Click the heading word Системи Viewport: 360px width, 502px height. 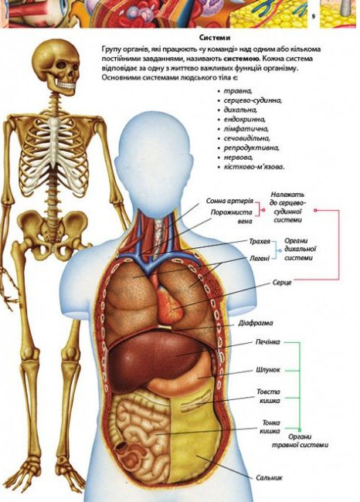click(215, 38)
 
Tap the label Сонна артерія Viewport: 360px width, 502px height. click(229, 201)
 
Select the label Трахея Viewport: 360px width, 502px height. click(260, 241)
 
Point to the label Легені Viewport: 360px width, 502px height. click(260, 258)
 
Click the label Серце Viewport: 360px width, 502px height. click(282, 283)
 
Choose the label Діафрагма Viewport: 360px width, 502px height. click(255, 323)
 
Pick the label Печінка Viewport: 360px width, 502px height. click(267, 342)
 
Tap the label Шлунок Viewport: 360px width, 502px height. click(268, 370)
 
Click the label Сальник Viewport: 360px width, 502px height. click(269, 477)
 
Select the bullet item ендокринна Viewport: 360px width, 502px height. click(245, 120)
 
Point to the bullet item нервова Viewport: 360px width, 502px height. click(238, 158)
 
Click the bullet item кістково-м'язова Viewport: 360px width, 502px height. click(254, 167)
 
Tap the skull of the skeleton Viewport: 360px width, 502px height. click(61, 65)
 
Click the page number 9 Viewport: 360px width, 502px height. click(314, 17)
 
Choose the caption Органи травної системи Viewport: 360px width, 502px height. click(300, 440)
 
